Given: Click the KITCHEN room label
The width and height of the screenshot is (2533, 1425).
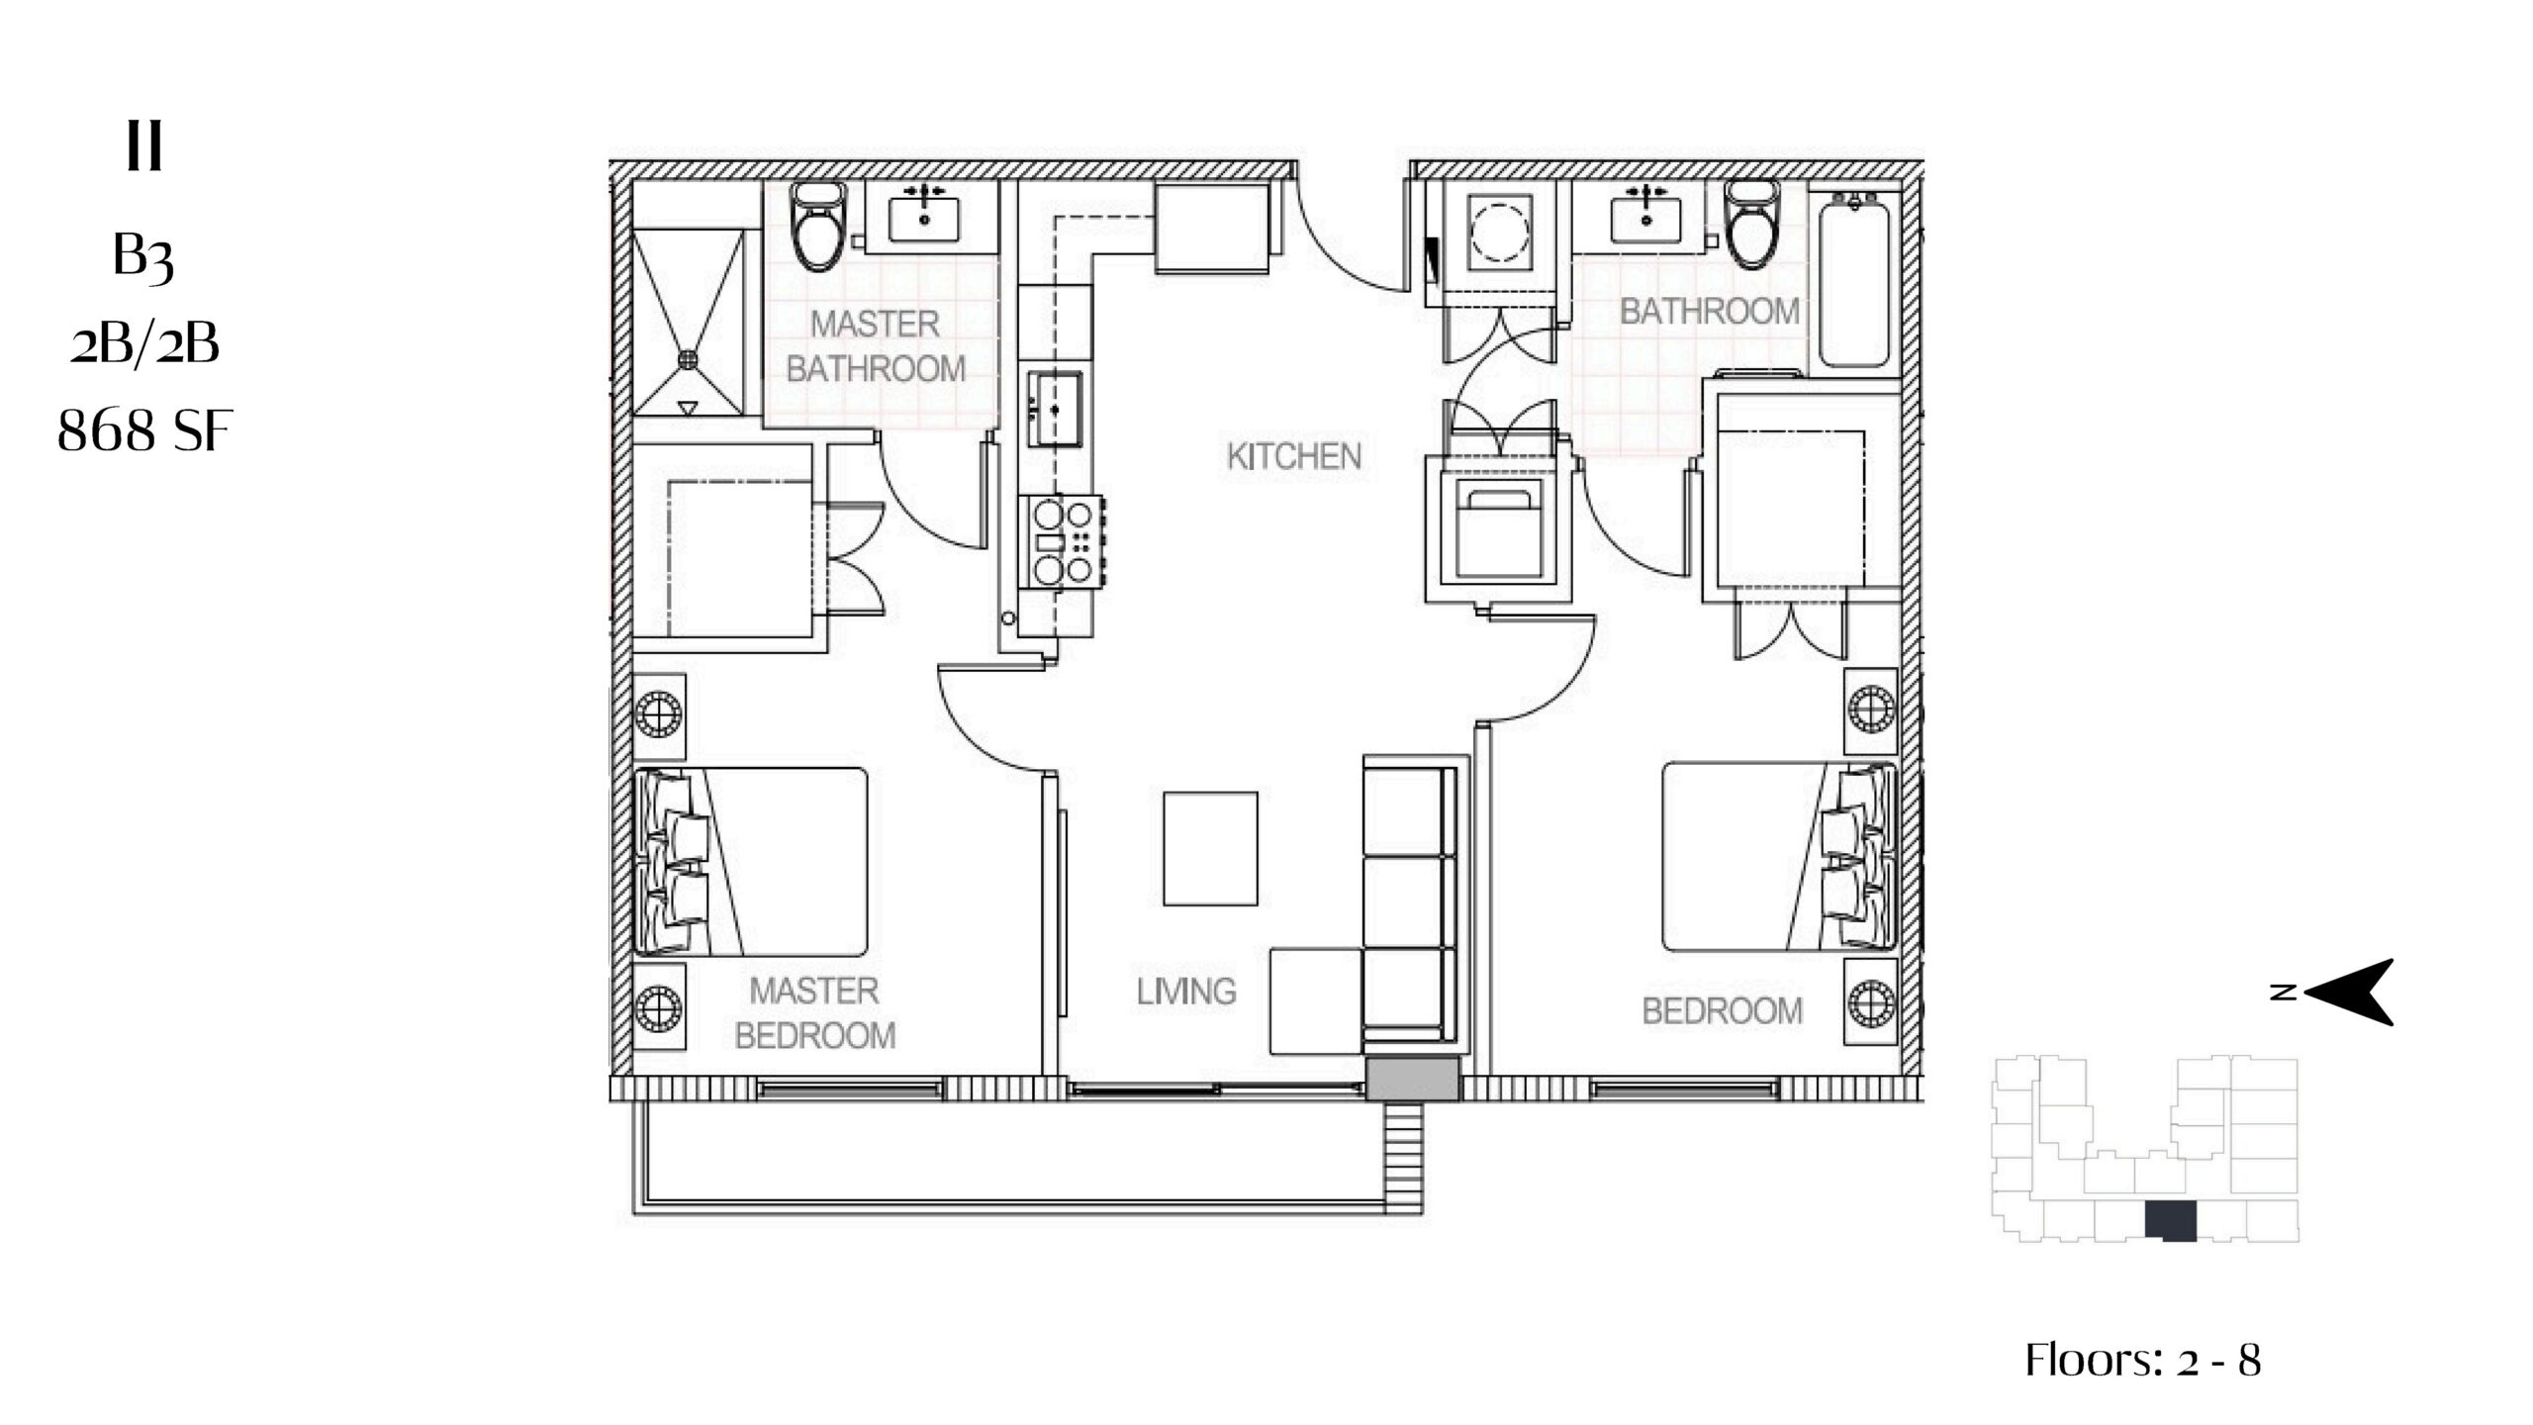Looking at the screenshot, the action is coord(1294,456).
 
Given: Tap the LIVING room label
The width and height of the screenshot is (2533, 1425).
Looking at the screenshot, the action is coord(1186,992).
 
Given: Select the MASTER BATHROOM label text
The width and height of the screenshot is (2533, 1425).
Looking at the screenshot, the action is coord(876,346).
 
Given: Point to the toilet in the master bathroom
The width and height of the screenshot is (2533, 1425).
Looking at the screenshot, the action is coord(816,229).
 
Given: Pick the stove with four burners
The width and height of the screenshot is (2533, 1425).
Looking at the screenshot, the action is coord(1063,541).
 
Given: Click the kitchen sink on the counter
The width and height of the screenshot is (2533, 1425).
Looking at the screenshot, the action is coord(1055,409).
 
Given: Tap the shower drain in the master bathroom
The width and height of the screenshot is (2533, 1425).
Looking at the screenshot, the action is coord(688,358).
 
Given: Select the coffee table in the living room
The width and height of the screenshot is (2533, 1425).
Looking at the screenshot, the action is coord(1210,848).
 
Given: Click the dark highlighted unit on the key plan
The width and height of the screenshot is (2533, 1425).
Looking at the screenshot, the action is coord(2171,1220).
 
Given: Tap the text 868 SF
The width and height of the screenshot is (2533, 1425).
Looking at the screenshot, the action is coord(144,431).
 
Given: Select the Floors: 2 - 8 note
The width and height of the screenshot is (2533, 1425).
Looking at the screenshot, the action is coord(2143,1360).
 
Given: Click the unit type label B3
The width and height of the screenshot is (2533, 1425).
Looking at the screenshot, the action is coord(144,257).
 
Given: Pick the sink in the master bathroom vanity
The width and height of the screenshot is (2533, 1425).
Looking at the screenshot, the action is coord(924,220).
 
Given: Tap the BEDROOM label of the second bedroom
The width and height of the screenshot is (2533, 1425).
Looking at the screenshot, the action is coord(1723,1011).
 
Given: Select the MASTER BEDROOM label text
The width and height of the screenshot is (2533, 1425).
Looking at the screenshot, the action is coord(815,1013).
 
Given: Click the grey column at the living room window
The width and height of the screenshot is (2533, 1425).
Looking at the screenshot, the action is coord(1413,1078).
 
